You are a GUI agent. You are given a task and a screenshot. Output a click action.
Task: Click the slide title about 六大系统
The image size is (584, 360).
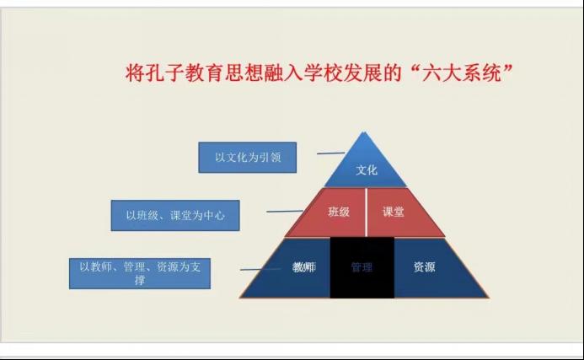coord(319,73)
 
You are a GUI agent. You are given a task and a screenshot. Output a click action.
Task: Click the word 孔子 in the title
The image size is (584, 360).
coord(164,73)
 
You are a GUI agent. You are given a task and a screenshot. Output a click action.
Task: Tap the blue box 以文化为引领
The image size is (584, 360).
coord(247,158)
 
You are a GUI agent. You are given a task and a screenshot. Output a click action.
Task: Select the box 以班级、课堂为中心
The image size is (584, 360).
coord(175,215)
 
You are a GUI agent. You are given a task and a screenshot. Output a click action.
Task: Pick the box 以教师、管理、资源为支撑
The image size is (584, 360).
coord(140,273)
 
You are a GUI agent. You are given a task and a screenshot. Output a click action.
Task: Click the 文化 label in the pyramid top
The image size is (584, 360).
coord(367,170)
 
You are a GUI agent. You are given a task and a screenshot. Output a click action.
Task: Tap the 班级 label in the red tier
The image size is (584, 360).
coord(339,212)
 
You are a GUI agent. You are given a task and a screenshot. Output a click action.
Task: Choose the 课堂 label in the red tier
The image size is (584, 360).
coord(394,212)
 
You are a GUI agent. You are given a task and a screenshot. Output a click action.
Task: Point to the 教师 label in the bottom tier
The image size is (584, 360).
coord(304,267)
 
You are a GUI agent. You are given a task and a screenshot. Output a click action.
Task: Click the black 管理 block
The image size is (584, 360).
coord(362,267)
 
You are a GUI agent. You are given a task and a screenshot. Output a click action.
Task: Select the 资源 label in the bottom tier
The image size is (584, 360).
coord(424,266)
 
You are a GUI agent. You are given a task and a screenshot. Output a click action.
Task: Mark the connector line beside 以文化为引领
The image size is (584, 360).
coord(330,153)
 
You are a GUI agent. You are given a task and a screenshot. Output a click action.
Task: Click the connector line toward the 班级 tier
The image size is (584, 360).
coord(285,212)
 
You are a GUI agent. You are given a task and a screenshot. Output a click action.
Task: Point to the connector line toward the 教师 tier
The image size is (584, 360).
coord(260,269)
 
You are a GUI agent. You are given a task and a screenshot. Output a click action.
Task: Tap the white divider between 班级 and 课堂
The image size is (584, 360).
coord(366,212)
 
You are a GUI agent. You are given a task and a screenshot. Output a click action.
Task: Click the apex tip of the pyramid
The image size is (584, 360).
coord(364,132)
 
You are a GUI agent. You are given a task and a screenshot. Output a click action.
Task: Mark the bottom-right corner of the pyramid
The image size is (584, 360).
coord(488,298)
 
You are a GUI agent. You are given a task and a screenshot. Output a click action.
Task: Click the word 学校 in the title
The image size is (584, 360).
coord(322,73)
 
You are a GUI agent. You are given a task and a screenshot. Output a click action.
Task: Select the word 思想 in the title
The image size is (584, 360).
coord(244,73)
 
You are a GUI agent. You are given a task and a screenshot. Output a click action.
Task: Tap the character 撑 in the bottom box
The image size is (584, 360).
coord(140,280)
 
